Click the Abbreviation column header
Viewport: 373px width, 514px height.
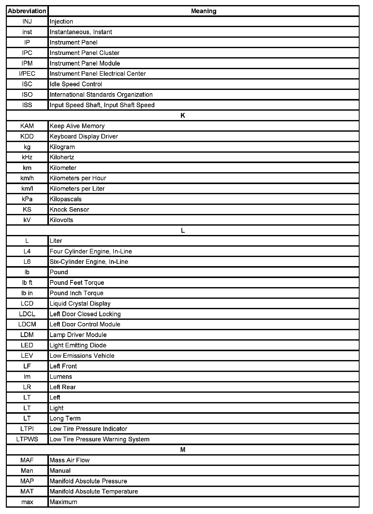pyautogui.click(x=27, y=11)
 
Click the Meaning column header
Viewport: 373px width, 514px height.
pyautogui.click(x=203, y=11)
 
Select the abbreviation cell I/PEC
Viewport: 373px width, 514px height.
pyautogui.click(x=27, y=74)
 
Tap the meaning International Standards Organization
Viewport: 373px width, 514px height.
pyautogui.click(x=101, y=95)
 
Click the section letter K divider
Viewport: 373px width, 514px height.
pyautogui.click(x=183, y=115)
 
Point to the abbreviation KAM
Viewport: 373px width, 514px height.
pyautogui.click(x=27, y=126)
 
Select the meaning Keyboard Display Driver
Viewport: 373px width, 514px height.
pyautogui.click(x=84, y=136)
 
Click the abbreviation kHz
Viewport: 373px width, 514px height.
pyautogui.click(x=27, y=157)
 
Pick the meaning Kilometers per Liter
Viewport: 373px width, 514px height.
pyautogui.click(x=77, y=189)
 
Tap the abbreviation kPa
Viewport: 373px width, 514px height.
pyautogui.click(x=27, y=199)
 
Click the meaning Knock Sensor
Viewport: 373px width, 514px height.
pyautogui.click(x=69, y=210)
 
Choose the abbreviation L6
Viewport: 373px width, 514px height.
pyautogui.click(x=27, y=262)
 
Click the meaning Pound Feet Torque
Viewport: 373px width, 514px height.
pyautogui.click(x=77, y=283)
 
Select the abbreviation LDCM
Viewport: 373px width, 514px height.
pyautogui.click(x=27, y=324)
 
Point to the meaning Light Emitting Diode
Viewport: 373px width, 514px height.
pyautogui.click(x=78, y=345)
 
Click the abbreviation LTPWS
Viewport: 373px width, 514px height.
pyautogui.click(x=27, y=439)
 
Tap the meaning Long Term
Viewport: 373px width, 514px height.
pyautogui.click(x=65, y=419)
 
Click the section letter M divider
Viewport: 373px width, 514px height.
pyautogui.click(x=183, y=450)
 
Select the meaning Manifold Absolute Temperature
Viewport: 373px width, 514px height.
pyautogui.click(x=94, y=491)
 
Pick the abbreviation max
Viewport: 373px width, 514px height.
pyautogui.click(x=27, y=502)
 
